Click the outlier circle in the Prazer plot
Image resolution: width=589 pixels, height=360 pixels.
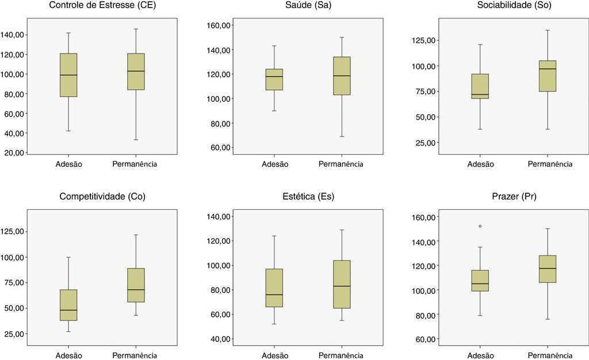480,226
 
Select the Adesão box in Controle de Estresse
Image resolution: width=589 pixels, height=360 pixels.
68,75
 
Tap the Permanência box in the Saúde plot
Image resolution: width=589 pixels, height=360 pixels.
341,75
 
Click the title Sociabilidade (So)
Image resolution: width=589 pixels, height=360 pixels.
492,6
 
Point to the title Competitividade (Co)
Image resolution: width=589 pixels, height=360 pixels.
102,197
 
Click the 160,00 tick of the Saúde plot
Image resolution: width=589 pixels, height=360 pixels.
218,25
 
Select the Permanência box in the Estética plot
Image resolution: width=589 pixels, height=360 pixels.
341,284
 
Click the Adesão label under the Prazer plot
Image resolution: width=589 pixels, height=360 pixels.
480,355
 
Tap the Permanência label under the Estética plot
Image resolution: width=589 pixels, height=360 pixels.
341,355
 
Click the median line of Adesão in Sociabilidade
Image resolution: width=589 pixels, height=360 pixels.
480,94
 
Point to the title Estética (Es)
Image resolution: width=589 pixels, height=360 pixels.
297,197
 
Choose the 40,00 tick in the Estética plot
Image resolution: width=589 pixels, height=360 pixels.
218,339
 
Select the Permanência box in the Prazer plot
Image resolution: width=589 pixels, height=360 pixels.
547,269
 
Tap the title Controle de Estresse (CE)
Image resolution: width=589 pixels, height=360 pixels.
102,6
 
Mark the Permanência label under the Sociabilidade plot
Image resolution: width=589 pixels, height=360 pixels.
550,164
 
